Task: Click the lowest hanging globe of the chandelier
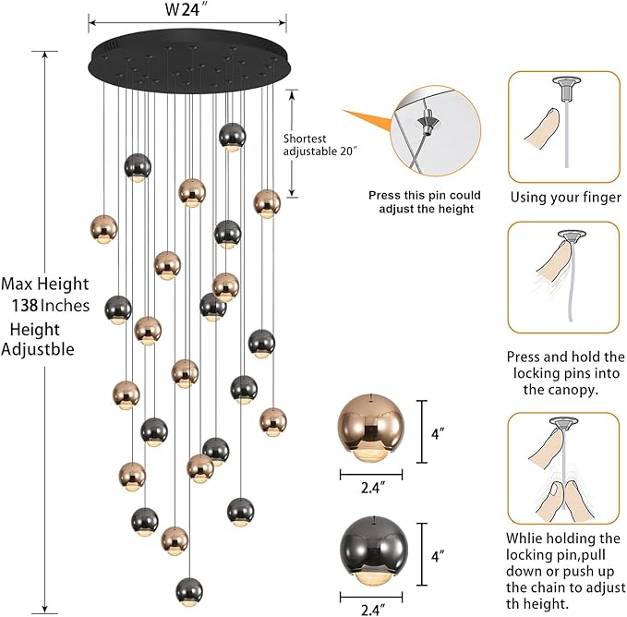[x=188, y=588]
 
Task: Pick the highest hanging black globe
[x=233, y=136]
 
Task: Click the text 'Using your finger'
[x=565, y=198]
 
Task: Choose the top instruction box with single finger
[x=564, y=127]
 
